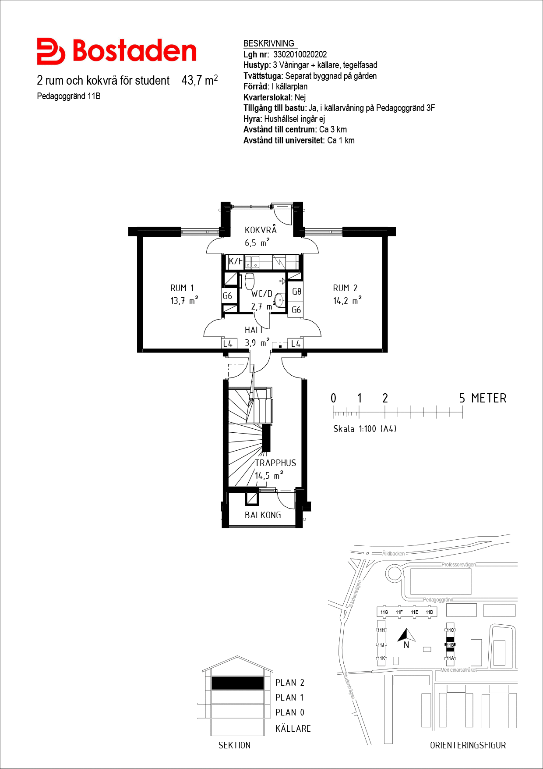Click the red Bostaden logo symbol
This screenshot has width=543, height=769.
coord(51,51)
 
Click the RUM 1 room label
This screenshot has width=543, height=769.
coord(182,288)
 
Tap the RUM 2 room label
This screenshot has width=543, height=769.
coord(345,288)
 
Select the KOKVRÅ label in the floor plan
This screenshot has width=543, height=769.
coord(261,230)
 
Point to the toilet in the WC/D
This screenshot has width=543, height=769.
coord(250,281)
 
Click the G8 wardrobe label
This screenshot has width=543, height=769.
coord(296,292)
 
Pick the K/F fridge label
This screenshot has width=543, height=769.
coord(236,261)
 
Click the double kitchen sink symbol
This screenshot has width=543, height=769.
coord(252,262)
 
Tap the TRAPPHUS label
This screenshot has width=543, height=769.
coord(275,463)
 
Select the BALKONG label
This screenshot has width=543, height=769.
coord(263,515)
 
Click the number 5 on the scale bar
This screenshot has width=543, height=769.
coord(462,398)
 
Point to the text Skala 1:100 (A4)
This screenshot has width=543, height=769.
coord(365,429)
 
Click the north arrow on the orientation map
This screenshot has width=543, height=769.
coord(406,635)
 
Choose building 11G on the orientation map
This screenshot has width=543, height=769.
coord(384,612)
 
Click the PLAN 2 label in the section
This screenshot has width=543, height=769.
coord(290,683)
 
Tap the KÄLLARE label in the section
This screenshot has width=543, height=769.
coord(293,729)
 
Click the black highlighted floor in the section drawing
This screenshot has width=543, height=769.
coord(238,683)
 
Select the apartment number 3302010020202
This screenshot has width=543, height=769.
coord(300,54)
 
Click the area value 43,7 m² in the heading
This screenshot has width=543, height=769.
coord(200,80)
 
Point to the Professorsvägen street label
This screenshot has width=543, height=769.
coord(458,565)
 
